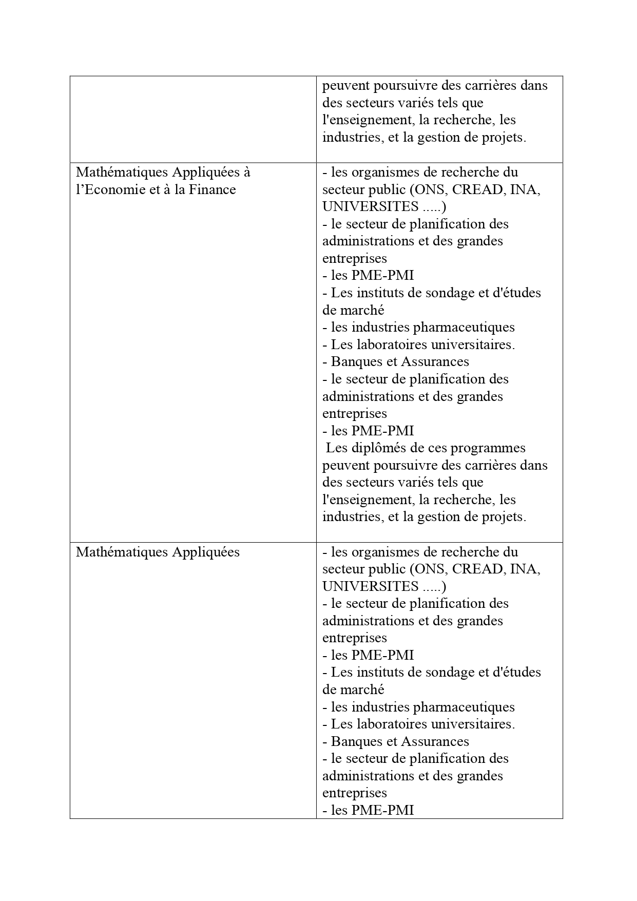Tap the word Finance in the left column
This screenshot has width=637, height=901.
pos(212,190)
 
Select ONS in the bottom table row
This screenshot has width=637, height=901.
pos(429,569)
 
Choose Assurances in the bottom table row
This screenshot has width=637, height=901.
pos(434,742)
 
